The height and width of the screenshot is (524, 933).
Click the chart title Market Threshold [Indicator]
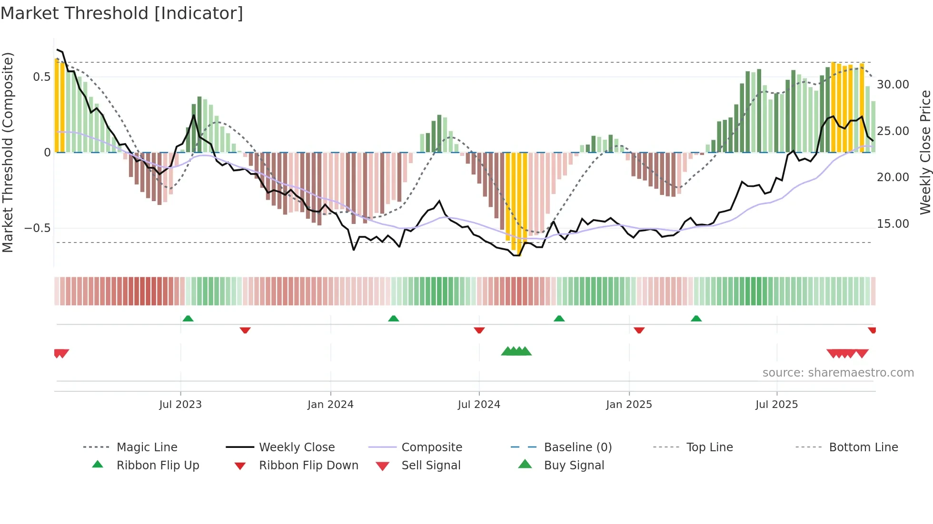[122, 13]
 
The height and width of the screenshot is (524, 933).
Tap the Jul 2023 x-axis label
[180, 405]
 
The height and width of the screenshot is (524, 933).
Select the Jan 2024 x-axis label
[330, 405]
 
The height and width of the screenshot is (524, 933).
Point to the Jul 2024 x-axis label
[479, 405]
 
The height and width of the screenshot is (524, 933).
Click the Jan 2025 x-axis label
[629, 405]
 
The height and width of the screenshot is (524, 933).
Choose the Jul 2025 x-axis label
[776, 405]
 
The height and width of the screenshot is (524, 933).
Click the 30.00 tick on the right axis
[893, 85]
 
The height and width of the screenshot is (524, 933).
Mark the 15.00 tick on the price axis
[893, 224]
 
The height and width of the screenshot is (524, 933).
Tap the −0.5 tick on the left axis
[38, 228]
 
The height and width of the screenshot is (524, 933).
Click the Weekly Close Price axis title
[925, 152]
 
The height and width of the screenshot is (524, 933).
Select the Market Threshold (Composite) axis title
[8, 152]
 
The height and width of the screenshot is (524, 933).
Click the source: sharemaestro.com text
[838, 373]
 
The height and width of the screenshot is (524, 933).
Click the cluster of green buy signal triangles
[516, 351]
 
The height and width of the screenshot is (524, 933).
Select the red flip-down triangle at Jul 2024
[479, 330]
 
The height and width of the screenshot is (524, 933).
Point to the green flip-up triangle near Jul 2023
[188, 319]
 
